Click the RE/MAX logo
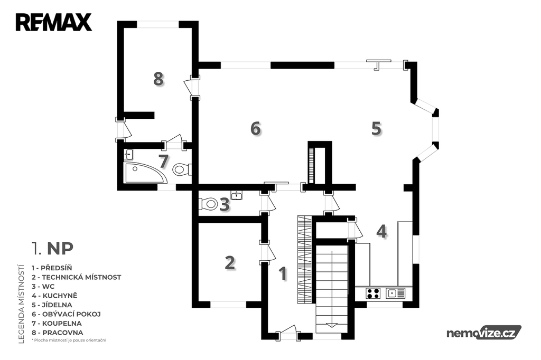pyautogui.click(x=53, y=22)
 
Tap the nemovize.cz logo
pyautogui.click(x=484, y=333)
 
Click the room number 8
pyautogui.click(x=158, y=79)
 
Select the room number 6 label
pyautogui.click(x=256, y=129)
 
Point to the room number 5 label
pyautogui.click(x=376, y=129)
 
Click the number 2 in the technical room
pyautogui.click(x=230, y=263)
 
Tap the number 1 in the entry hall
pyautogui.click(x=283, y=274)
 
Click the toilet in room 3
pyautogui.click(x=208, y=204)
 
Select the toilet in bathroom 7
pyautogui.click(x=182, y=169)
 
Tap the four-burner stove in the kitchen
pyautogui.click(x=373, y=293)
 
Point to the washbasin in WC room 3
pyautogui.click(x=237, y=195)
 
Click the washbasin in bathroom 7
pyautogui.click(x=129, y=155)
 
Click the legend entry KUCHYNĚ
pyautogui.click(x=54, y=296)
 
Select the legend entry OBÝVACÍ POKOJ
pyautogui.click(x=66, y=314)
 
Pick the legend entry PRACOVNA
pyautogui.click(x=57, y=333)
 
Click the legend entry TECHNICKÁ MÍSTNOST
pyautogui.click(x=76, y=277)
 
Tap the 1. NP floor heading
pyautogui.click(x=52, y=248)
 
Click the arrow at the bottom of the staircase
pyautogui.click(x=332, y=325)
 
